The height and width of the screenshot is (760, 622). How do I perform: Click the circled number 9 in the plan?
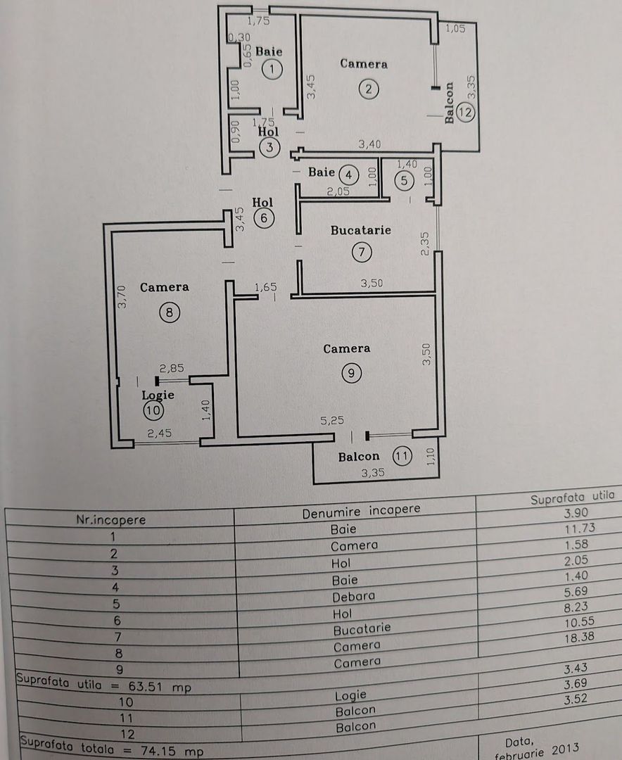[350, 374]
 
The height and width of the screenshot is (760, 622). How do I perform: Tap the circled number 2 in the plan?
[367, 89]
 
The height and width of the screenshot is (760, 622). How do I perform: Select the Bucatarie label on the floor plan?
[362, 230]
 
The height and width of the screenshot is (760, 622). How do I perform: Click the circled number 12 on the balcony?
[464, 111]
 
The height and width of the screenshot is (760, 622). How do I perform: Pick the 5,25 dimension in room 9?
[334, 421]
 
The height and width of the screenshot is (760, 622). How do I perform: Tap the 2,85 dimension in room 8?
[172, 368]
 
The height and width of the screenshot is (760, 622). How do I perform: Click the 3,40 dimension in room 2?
[371, 145]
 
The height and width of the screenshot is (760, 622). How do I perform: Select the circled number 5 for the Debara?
[404, 180]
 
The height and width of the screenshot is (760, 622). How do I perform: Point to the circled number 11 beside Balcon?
[401, 456]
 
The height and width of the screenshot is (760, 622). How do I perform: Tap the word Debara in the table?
[353, 596]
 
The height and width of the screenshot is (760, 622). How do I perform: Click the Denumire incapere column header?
[361, 512]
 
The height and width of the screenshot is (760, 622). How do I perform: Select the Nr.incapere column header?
[111, 519]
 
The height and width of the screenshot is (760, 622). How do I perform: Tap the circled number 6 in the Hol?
[263, 218]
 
